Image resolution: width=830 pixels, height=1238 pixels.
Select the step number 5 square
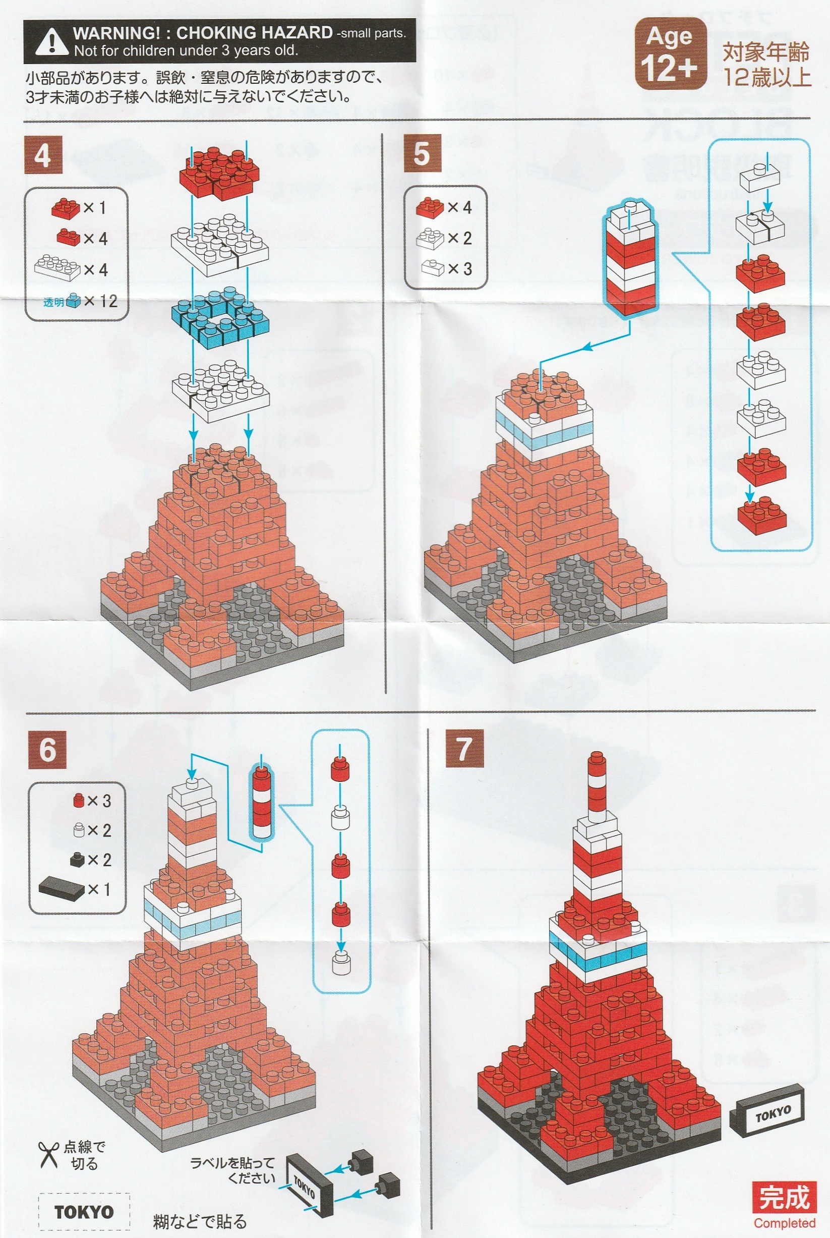point(423,153)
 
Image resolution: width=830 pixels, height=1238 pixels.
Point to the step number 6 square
point(47,749)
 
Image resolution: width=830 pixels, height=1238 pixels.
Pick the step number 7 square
point(464,748)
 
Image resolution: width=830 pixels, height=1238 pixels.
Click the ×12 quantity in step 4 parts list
point(100,301)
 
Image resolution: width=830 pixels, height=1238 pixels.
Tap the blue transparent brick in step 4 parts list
point(74,301)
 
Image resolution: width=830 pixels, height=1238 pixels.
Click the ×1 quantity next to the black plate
point(99,889)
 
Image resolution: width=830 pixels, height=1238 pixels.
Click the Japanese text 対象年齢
point(766,53)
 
